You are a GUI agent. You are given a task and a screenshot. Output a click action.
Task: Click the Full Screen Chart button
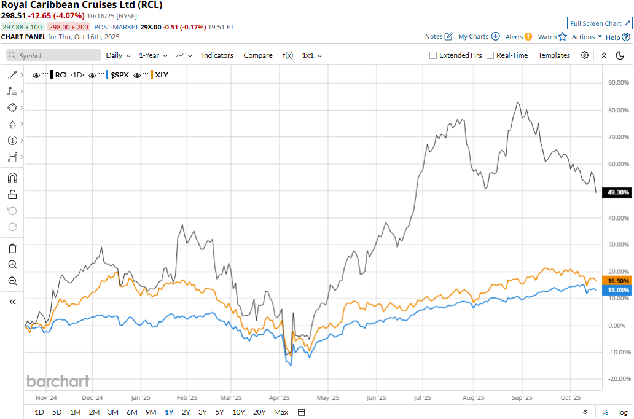click(x=599, y=23)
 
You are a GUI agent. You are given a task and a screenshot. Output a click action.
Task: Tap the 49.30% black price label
click(x=617, y=192)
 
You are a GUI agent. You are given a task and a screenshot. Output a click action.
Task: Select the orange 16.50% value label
click(x=617, y=280)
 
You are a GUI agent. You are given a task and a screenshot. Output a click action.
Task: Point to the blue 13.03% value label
click(x=617, y=290)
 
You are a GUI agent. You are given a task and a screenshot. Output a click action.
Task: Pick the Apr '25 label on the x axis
click(x=280, y=397)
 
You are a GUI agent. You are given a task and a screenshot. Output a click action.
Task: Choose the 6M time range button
click(x=131, y=412)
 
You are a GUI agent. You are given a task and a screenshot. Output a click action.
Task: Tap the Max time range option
click(x=281, y=412)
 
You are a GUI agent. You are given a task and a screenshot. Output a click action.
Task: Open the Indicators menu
click(x=217, y=55)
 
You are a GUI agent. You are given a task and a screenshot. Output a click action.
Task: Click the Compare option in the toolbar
click(x=258, y=55)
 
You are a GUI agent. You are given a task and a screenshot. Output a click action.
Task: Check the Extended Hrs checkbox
click(x=433, y=55)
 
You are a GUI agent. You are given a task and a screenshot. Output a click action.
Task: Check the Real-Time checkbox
click(x=490, y=55)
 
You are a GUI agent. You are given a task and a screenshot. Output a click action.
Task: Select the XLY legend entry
click(x=162, y=75)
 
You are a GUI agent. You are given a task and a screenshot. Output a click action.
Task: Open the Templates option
click(x=554, y=55)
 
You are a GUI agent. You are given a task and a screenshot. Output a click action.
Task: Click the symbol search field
click(x=54, y=55)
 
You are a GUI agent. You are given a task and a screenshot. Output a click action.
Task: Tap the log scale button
click(x=622, y=412)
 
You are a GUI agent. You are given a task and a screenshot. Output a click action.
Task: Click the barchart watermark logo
click(x=58, y=382)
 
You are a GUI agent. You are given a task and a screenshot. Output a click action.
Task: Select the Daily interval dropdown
click(x=118, y=55)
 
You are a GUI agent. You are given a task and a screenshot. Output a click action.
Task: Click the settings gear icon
click(x=585, y=55)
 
